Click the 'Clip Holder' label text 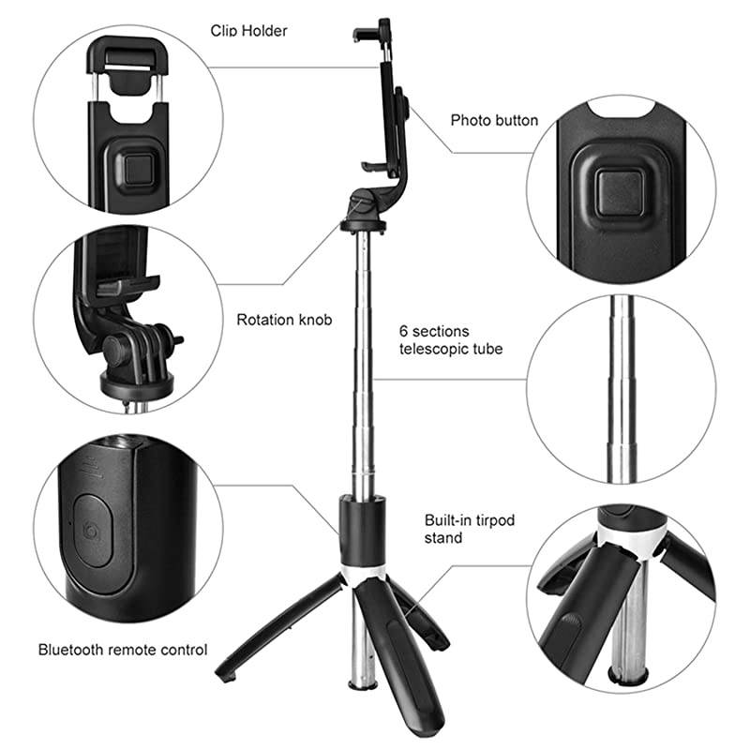point(248,31)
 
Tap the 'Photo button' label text point(494,120)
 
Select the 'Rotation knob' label point(284,320)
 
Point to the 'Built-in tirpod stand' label point(457,529)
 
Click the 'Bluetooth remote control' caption point(123,649)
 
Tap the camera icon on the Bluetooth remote point(91,532)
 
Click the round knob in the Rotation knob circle point(116,350)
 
